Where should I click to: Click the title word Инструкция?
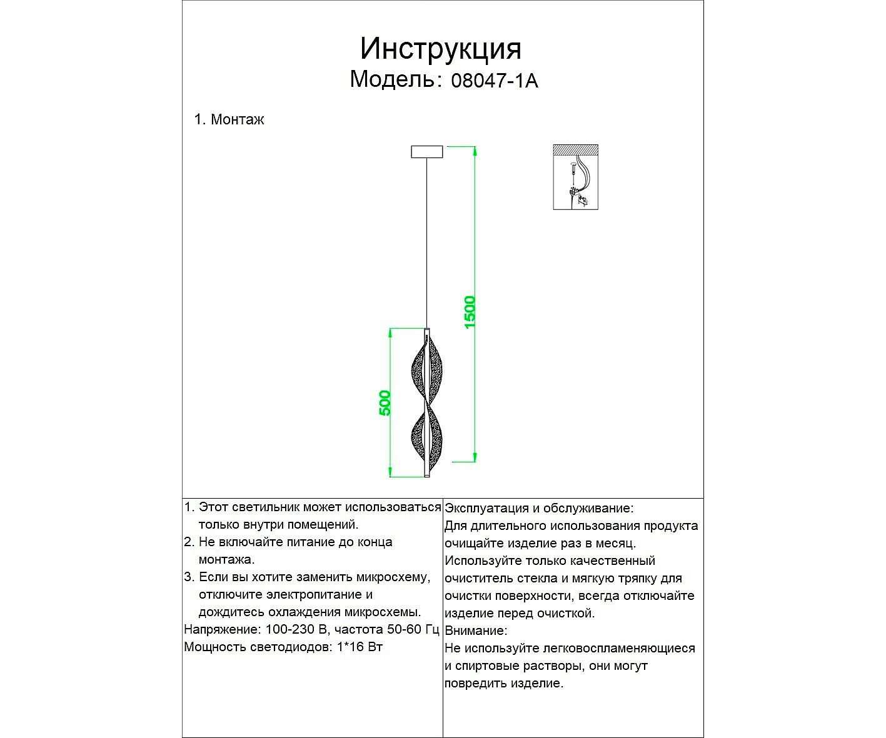(440, 48)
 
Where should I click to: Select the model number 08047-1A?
(494, 81)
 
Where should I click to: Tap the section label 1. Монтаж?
(229, 119)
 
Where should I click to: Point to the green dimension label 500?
(385, 402)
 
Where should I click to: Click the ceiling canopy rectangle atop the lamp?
(426, 151)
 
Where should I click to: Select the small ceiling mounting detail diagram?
(575, 177)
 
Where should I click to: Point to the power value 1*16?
(351, 647)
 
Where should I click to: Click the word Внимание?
(475, 631)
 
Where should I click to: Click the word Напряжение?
(221, 629)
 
